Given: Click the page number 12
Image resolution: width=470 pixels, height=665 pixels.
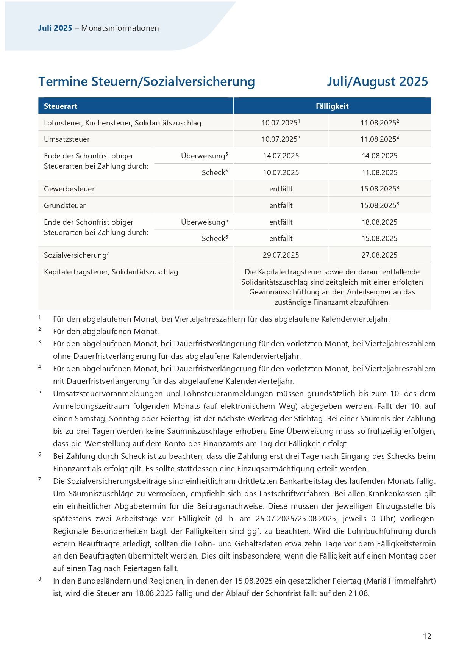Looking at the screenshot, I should pos(427,636).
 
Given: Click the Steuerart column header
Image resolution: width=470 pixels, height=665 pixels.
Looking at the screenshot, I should pos(60,106).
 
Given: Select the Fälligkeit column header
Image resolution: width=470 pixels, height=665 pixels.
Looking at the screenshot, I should pos(332,106).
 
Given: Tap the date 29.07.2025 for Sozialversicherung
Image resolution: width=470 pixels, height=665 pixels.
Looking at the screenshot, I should pos(281,255).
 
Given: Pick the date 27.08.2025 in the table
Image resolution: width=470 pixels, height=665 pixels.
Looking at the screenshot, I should pos(379,255).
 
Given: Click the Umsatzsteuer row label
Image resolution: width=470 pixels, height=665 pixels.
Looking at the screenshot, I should pos(67,139).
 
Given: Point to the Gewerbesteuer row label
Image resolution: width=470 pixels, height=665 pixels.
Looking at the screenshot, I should pos(69,189).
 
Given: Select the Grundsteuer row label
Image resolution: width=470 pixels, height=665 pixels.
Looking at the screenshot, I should pos(65,205).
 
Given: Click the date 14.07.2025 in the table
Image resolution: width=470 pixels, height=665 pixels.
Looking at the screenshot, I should pos(281,156).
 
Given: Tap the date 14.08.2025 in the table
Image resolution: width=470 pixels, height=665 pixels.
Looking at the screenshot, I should pos(379,156).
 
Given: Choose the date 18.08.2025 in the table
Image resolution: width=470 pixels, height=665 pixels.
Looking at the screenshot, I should pos(379,222).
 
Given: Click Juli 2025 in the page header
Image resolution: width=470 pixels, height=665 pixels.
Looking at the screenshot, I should pos(55,28).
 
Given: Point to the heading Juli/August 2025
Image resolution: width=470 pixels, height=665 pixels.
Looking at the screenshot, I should pos(377,81).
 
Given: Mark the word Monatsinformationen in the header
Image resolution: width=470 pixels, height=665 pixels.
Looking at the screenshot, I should pos(120,28).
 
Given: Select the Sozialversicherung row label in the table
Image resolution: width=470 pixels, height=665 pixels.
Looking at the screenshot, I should pos(75,255).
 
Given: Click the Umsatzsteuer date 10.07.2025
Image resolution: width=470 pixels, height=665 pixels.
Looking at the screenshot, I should pos(279,139).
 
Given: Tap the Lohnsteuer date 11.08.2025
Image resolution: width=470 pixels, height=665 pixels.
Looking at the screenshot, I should pos(378,123).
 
